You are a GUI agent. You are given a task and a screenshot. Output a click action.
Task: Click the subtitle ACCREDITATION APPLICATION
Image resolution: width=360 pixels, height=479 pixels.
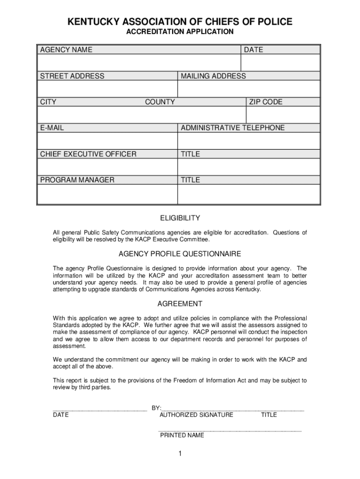[180, 32]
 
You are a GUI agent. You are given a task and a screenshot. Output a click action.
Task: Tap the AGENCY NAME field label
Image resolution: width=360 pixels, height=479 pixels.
[66, 50]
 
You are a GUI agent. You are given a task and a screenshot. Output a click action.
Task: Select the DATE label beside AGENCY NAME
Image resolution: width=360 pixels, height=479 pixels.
[253, 50]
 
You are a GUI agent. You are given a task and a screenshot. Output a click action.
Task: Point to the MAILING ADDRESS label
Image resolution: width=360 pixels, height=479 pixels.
[213, 76]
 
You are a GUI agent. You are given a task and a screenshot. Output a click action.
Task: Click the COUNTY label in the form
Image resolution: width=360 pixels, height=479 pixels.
[160, 102]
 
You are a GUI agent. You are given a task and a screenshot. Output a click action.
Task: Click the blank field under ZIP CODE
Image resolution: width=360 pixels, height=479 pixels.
[283, 115]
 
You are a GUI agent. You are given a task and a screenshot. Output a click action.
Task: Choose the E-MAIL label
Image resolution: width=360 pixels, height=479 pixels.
[52, 128]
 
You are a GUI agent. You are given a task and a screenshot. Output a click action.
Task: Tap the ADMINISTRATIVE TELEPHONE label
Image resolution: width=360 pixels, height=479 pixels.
[232, 128]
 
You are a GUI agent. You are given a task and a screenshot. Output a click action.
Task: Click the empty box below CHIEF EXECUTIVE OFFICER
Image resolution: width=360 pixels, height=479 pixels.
[107, 167]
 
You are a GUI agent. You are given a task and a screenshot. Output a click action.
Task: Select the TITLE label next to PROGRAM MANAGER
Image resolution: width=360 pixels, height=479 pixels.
[190, 180]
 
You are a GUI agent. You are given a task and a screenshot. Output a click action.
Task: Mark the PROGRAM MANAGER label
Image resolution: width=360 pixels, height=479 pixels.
[77, 180]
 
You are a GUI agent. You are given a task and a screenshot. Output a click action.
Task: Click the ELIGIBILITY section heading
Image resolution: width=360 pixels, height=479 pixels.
[180, 218]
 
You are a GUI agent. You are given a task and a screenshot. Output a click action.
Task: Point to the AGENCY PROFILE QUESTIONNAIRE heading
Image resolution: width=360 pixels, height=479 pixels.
[180, 254]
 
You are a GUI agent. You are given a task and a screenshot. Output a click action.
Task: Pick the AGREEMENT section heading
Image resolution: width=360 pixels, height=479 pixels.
[180, 304]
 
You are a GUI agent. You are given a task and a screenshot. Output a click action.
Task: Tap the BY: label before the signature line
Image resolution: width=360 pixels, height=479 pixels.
[156, 407]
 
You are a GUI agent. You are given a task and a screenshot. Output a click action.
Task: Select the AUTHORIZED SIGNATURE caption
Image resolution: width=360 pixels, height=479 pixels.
[196, 415]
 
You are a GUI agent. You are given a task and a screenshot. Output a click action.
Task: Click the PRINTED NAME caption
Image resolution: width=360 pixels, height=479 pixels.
[182, 435]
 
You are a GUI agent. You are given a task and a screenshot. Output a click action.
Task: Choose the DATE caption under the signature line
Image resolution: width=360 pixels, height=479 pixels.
[61, 415]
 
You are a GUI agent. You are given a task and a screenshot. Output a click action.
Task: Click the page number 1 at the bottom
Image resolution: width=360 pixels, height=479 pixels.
[180, 454]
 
